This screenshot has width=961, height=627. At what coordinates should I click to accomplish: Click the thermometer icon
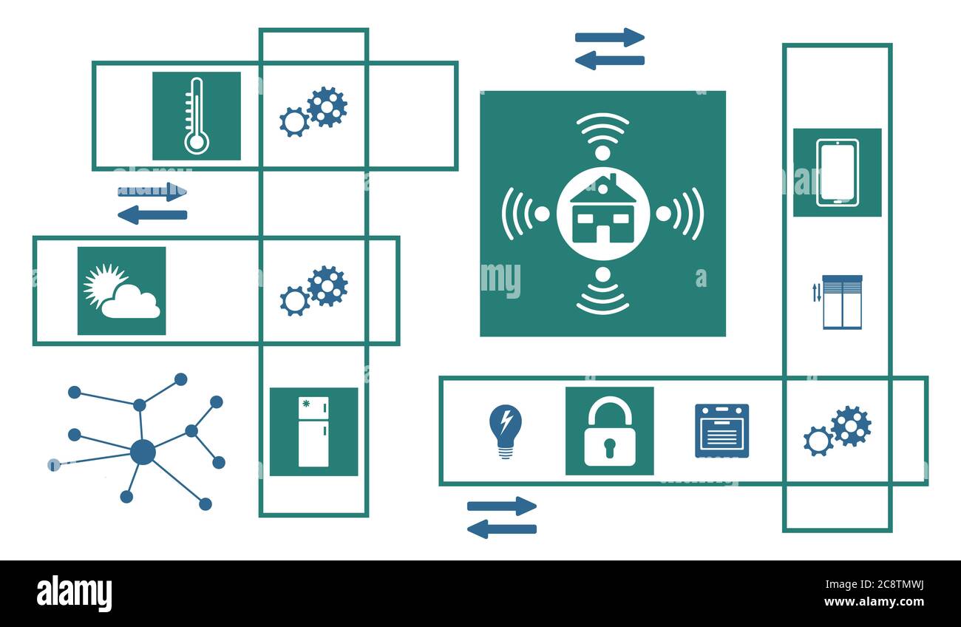pos(196,116)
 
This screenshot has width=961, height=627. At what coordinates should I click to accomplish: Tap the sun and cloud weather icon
pos(122,291)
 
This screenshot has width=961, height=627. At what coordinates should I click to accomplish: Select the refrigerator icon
pos(313,432)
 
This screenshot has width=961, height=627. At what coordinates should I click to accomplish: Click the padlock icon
pos(609,432)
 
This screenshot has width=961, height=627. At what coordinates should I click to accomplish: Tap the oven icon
pos(721,430)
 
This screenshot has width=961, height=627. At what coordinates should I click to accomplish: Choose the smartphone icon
pos(837,172)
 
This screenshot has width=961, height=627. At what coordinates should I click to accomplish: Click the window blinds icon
pos(841,302)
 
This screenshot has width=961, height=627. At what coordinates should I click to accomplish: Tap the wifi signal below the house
pos(602,298)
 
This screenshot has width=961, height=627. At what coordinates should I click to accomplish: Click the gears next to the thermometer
pos(313,112)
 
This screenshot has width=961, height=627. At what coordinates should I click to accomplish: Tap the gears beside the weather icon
pos(313,291)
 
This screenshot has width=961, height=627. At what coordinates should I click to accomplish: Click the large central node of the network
pos(143,452)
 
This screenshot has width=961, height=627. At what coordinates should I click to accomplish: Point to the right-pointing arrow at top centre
pos(610,37)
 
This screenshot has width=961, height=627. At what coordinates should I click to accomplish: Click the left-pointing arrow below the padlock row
pos(502,529)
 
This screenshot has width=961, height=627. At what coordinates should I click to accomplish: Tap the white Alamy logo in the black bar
pos(74,593)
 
